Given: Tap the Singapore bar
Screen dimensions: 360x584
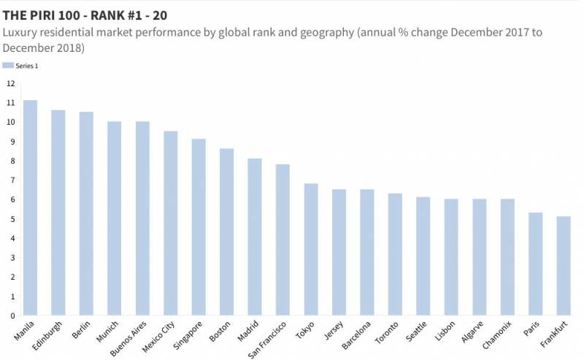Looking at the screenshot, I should click(x=199, y=227).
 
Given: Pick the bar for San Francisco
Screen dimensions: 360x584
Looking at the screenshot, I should click(x=283, y=240).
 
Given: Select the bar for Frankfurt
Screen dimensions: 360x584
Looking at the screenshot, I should click(x=564, y=267).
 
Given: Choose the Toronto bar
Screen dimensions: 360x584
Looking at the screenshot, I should click(x=395, y=255).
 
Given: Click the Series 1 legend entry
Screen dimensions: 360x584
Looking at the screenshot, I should click(x=22, y=66).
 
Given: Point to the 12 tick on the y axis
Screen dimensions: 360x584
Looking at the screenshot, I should click(x=10, y=83).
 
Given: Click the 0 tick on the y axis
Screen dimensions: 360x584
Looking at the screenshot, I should click(x=12, y=316).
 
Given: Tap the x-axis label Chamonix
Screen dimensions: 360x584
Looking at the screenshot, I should click(x=498, y=334).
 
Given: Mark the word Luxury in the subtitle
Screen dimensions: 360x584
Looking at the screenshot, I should click(x=21, y=32).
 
